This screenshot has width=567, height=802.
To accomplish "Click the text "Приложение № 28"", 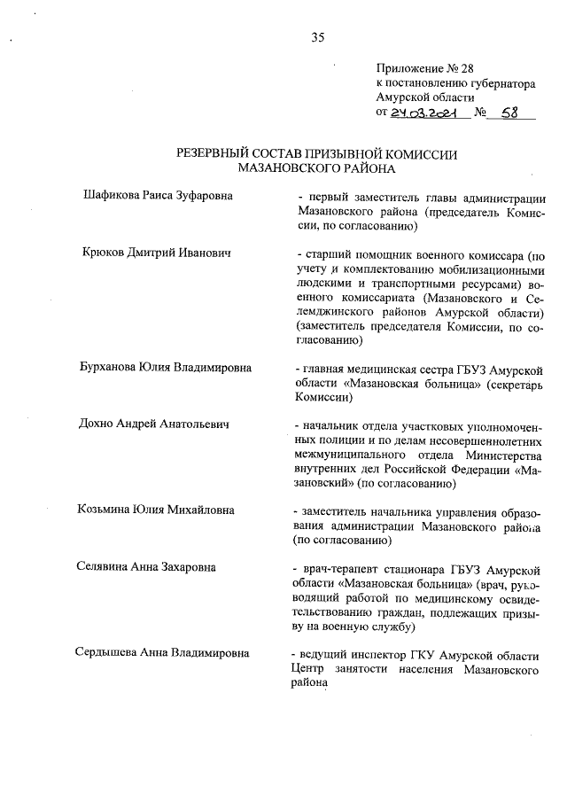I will [x=419, y=68].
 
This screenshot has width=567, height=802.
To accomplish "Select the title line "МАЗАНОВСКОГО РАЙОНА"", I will [x=318, y=167].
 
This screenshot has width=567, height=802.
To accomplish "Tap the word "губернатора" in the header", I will [x=502, y=83].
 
